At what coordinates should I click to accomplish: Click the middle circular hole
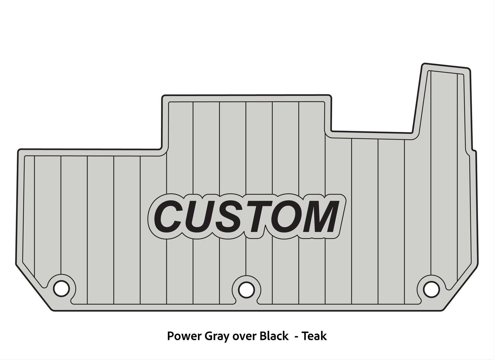244,289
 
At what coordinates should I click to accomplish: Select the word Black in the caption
273,336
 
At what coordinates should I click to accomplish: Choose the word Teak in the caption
316,336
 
